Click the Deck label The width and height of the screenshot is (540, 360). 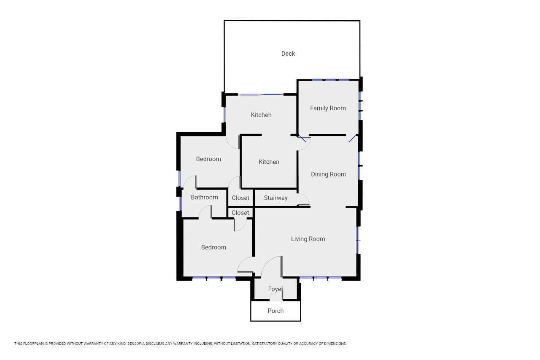click(x=288, y=54)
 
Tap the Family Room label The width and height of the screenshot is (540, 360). click(x=328, y=108)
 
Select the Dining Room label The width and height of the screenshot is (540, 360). click(x=328, y=174)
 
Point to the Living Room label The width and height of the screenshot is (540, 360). click(x=308, y=239)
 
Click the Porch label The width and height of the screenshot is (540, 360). click(x=275, y=311)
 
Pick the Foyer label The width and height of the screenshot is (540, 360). click(x=275, y=289)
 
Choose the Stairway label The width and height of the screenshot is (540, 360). click(x=275, y=198)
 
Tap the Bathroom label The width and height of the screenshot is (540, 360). click(x=205, y=197)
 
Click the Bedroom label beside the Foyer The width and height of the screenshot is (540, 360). click(x=213, y=247)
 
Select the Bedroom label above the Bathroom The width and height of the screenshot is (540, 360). click(x=208, y=159)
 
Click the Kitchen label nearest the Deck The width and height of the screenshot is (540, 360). click(x=261, y=115)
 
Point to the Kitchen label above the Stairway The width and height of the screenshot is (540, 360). click(x=269, y=162)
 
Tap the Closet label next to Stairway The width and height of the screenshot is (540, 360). click(x=240, y=198)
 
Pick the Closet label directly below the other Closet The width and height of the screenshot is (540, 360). click(x=240, y=213)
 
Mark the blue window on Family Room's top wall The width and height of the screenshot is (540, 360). click(x=330, y=80)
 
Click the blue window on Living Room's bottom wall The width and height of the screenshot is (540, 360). click(x=320, y=278)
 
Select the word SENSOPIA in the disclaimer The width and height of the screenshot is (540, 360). click(x=136, y=344)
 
